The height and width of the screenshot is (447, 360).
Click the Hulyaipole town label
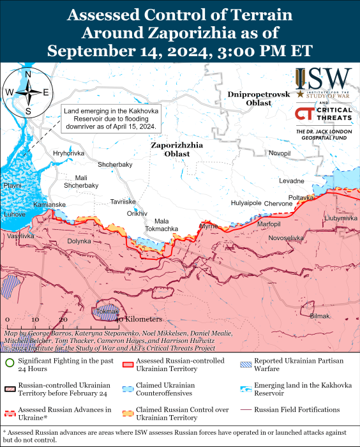pos(246,203)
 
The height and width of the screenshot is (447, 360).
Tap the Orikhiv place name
pos(137,213)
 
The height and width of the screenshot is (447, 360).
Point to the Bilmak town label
pos(320,316)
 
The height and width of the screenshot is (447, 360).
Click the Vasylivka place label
pos(20,236)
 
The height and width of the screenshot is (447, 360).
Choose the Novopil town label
pos(279,153)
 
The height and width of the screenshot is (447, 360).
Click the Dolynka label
pos(79,241)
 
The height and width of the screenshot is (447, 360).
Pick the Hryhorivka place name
pos(68,153)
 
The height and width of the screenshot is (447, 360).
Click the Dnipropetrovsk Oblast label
pos(259,98)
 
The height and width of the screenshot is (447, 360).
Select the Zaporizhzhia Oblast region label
pos(177,149)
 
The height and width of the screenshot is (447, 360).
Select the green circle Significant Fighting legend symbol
pos(8,364)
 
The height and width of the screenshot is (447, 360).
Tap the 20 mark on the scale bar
pos(63,319)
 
